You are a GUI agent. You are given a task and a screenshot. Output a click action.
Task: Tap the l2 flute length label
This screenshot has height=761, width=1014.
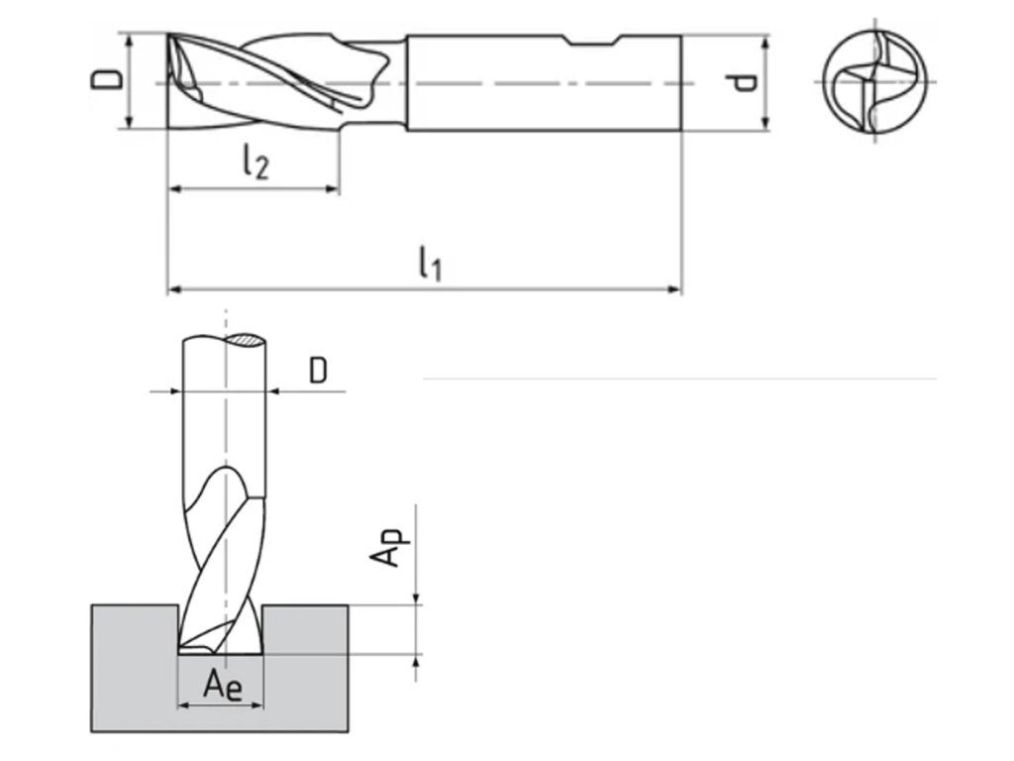(253, 162)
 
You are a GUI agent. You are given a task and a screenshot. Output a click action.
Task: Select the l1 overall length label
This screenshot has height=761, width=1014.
(429, 263)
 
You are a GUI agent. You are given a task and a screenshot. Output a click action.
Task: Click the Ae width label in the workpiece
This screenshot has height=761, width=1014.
(222, 684)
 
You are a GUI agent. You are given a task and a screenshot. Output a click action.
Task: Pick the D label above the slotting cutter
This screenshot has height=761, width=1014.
(317, 370)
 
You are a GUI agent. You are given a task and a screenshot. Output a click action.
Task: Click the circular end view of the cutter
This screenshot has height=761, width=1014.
(875, 82)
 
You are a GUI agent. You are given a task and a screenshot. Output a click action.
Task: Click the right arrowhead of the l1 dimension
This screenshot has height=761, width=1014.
(676, 289)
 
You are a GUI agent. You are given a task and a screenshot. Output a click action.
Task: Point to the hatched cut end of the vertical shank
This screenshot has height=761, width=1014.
(246, 340)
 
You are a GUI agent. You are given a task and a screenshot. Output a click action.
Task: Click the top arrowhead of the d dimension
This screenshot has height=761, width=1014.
(764, 41)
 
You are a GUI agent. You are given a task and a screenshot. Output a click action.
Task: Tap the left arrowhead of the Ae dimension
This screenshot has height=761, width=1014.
(182, 707)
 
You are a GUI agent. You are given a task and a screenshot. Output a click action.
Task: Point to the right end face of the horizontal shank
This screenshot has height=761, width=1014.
(681, 82)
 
